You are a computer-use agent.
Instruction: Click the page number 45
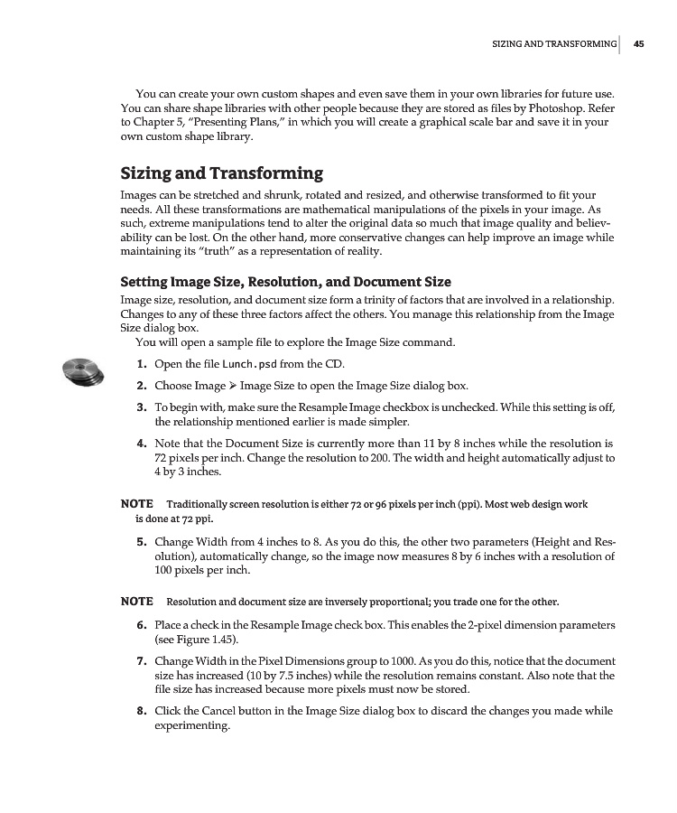[x=638, y=43]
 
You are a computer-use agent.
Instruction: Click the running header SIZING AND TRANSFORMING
[x=553, y=43]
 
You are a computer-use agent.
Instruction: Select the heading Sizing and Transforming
[x=221, y=173]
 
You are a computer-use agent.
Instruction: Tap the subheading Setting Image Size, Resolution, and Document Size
[x=285, y=282]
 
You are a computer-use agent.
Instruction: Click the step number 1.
[x=142, y=364]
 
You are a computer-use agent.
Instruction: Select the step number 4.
[x=142, y=444]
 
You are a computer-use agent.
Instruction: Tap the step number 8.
[x=142, y=711]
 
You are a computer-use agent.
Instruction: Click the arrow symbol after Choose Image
[x=233, y=386]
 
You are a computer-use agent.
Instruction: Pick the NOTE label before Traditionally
[x=136, y=503]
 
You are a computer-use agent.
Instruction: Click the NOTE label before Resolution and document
[x=136, y=602]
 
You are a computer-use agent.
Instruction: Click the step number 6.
[x=142, y=625]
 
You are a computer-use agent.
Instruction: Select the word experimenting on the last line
[x=192, y=725]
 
